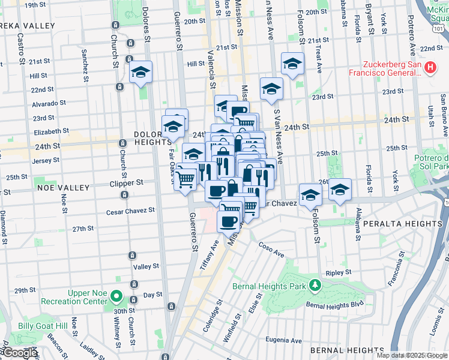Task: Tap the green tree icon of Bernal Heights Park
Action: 313,284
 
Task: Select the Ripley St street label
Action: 339,272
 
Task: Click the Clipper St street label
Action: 127,182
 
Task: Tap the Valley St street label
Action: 146,266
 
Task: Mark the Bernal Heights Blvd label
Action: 327,305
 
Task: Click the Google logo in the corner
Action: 20,353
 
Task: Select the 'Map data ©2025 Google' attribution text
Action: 411,355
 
